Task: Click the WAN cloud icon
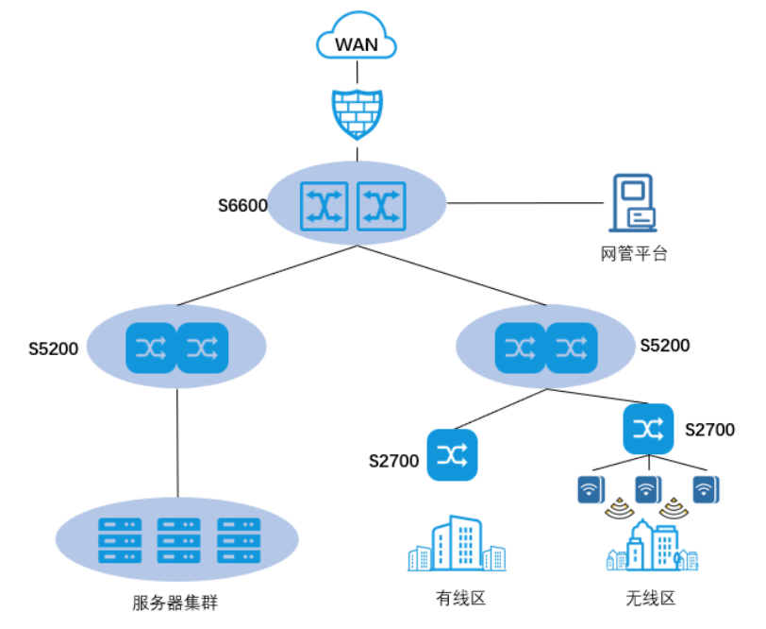click(x=358, y=42)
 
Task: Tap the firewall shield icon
click(x=358, y=113)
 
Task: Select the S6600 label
click(x=242, y=206)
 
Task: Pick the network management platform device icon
click(x=632, y=202)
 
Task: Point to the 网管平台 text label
click(x=634, y=253)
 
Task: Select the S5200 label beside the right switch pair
click(x=664, y=346)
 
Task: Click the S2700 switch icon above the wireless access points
click(x=648, y=429)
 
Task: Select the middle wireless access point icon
click(x=647, y=489)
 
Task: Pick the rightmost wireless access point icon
click(x=706, y=489)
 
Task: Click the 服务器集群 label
click(x=175, y=602)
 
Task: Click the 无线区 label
click(x=651, y=598)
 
